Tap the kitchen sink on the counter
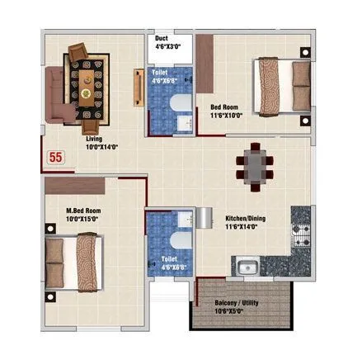pyautogui.click(x=245, y=267)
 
